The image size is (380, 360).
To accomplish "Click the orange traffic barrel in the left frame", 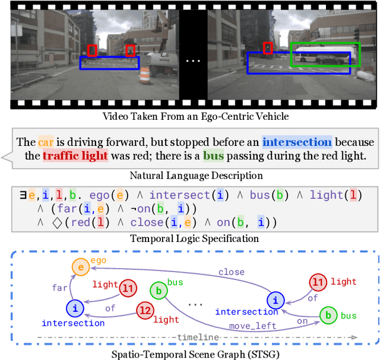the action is point(145,75).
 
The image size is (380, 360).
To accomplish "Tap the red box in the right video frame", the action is point(268,47).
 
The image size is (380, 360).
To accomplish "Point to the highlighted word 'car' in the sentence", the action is point(46,142).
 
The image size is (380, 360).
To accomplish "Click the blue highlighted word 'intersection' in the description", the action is point(297,142).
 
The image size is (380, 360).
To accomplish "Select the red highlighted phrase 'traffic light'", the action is point(75,157).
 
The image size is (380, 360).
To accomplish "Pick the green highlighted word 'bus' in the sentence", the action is point(213,157).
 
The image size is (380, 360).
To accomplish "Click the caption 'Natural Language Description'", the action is point(196,176).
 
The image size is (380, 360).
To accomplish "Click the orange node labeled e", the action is point(81,267).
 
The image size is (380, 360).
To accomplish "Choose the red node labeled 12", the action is point(144,310).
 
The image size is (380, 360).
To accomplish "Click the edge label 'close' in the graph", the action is point(231,272).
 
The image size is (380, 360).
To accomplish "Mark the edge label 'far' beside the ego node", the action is point(60,287).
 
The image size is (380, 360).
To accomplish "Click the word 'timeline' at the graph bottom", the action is point(197,337).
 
